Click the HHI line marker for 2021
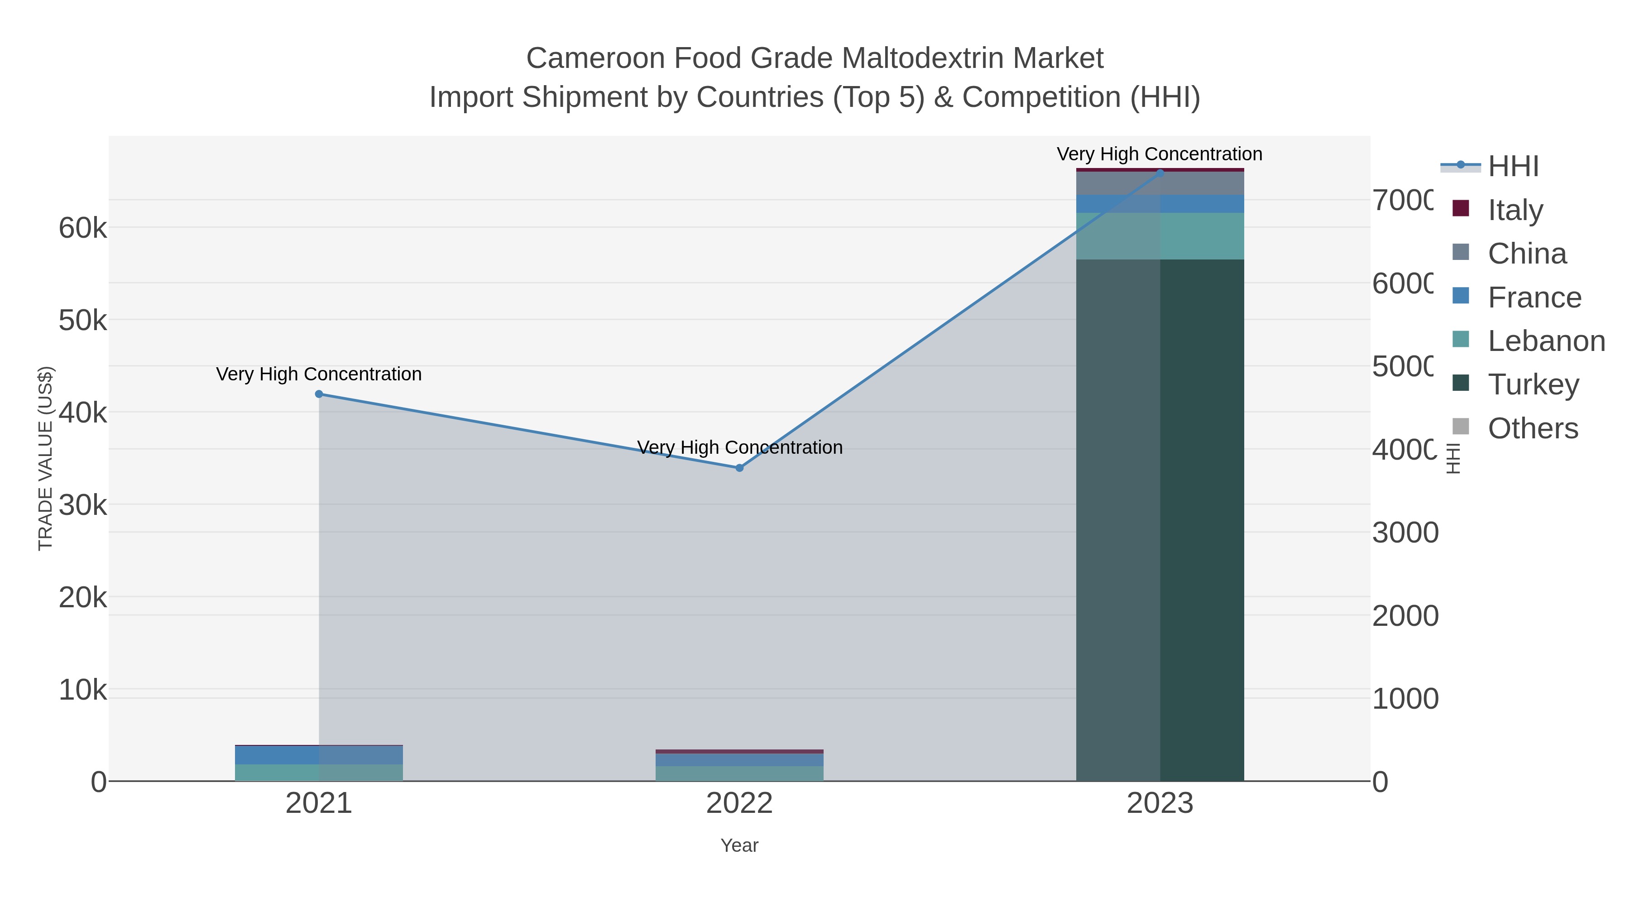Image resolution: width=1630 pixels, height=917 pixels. pos(319,394)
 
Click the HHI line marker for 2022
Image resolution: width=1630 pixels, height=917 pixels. pos(739,468)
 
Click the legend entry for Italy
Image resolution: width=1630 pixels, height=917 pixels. pos(1515,210)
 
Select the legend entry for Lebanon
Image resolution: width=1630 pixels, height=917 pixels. pos(1546,341)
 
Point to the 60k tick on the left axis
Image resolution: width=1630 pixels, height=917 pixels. pos(83,229)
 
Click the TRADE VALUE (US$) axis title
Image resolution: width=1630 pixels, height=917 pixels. pos(46,458)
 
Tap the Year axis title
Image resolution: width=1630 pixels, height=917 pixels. pos(739,845)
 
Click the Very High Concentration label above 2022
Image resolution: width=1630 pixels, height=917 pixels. pos(739,447)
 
